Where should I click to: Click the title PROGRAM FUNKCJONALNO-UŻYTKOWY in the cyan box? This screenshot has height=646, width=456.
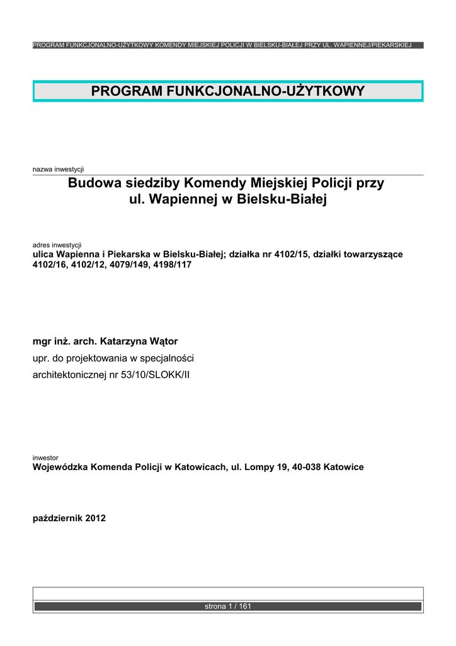click(228, 91)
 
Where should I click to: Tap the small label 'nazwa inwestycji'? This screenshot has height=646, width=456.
click(58, 169)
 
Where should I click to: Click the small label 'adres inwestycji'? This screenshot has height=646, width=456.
click(57, 244)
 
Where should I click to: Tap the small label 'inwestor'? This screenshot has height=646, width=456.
click(45, 457)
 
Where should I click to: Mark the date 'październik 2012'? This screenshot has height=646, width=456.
click(69, 519)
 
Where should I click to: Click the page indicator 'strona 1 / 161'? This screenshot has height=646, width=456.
click(228, 606)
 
